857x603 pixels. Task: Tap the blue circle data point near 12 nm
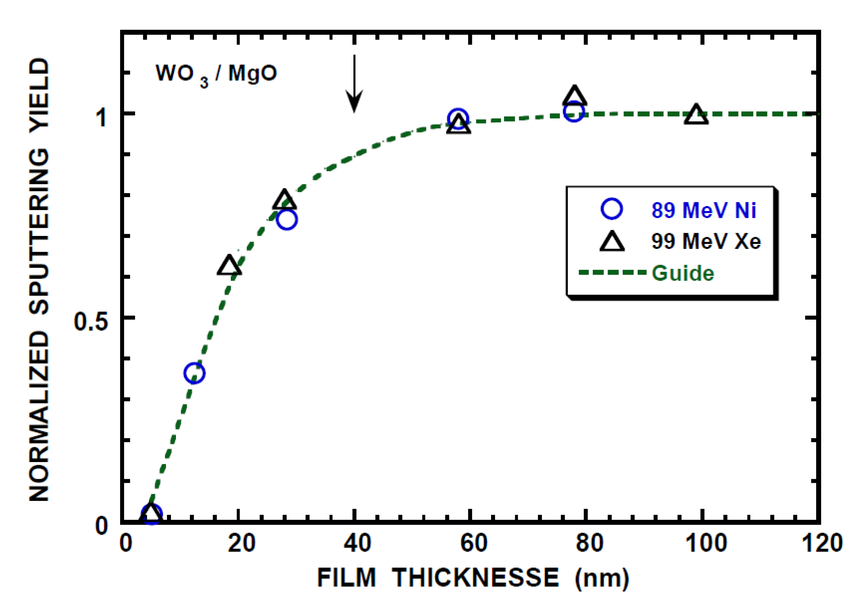point(194,373)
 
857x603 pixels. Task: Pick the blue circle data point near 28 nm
point(287,220)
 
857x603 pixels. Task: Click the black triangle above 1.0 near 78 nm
point(574,96)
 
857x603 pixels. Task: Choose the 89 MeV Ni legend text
point(704,210)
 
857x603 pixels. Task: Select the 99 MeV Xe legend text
point(706,241)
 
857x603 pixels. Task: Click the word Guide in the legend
point(683,273)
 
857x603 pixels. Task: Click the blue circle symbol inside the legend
point(612,209)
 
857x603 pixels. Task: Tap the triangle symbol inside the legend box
point(612,241)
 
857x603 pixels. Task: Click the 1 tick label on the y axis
point(101,117)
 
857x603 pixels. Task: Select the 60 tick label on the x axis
point(474,543)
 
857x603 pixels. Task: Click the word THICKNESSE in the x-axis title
point(475,578)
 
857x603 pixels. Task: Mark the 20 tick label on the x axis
point(241,543)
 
